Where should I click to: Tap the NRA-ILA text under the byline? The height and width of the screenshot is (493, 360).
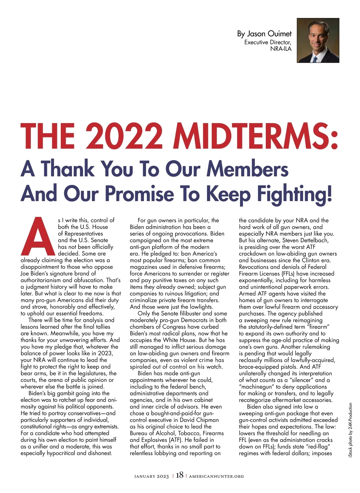[x=281, y=49]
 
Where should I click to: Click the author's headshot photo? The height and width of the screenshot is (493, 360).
[x=318, y=40]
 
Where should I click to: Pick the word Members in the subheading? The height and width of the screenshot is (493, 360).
[x=247, y=169]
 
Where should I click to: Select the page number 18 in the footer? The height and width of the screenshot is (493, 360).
[x=179, y=475]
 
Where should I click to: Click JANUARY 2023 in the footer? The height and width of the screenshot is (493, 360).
[x=151, y=476]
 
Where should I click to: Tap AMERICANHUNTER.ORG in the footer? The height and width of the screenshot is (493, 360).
[x=216, y=476]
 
